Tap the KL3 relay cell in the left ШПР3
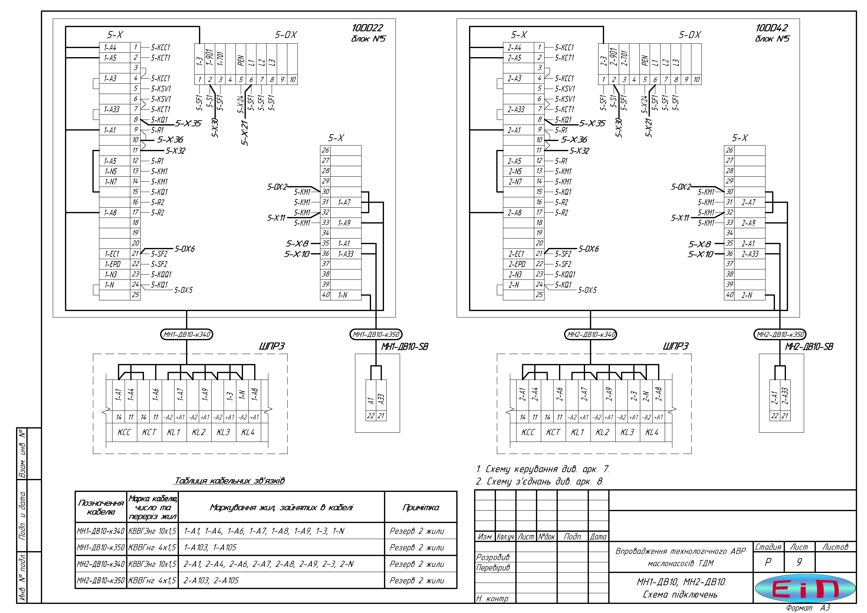point(223,432)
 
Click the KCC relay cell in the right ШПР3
point(528,432)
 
